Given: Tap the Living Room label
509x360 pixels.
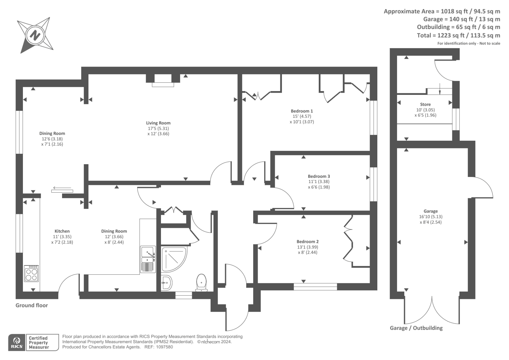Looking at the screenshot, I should point(158,123).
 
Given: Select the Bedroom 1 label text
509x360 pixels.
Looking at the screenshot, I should point(302,111).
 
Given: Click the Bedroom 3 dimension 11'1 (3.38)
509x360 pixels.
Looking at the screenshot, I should point(319,182).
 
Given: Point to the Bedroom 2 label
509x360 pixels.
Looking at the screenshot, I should point(307,242).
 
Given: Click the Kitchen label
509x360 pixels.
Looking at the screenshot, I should point(62,231).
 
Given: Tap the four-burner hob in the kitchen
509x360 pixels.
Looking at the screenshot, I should point(31,273).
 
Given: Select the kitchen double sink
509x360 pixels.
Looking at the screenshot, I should point(148,259).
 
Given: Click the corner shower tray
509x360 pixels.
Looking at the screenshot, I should point(173,258).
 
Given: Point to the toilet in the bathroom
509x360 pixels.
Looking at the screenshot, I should point(201,282).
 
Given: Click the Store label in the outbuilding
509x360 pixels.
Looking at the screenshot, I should point(425,104).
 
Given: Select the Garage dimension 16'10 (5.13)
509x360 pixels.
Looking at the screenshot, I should point(430,216).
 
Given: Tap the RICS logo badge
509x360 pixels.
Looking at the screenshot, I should point(17,342).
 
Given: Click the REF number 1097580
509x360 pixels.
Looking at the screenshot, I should point(163,347).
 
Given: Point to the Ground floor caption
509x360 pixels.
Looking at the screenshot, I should point(31,305).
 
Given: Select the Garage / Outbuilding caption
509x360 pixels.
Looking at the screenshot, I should point(416,328).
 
